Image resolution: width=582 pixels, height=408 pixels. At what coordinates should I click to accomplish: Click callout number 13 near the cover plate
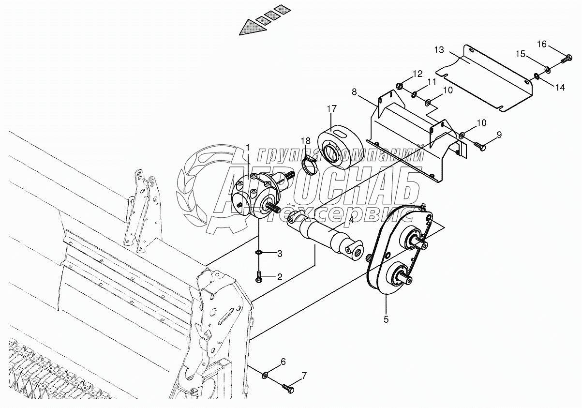point(439,50)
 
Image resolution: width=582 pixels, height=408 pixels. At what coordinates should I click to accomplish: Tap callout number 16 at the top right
point(542,44)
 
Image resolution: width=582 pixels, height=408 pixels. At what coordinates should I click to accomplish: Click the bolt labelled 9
point(479,144)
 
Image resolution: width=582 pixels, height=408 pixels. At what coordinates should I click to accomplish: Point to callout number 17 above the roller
point(331,109)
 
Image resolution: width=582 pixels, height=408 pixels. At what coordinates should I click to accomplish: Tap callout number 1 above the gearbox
point(248,147)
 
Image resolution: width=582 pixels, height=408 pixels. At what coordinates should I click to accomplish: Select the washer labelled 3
point(259,253)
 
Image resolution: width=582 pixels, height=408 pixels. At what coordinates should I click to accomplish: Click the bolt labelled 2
point(259,278)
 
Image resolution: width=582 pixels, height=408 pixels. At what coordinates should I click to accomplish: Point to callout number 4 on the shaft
point(351,221)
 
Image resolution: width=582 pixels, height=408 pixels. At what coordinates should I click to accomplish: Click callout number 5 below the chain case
point(387,319)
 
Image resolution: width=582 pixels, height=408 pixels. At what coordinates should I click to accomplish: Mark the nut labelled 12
point(400,87)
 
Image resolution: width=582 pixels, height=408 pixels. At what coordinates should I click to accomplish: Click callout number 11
point(431,82)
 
